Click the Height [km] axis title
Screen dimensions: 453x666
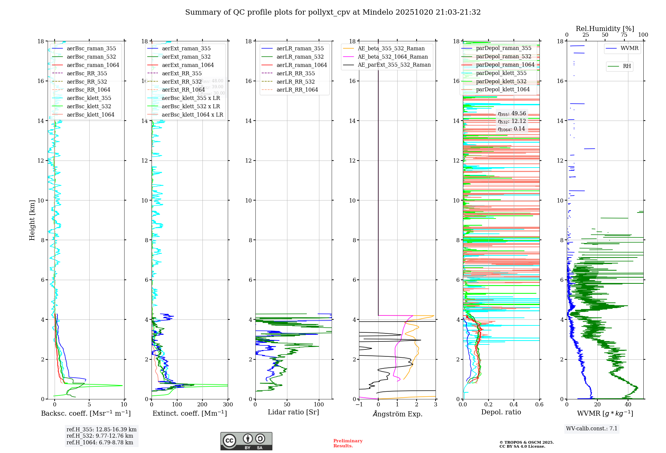coord(32,220)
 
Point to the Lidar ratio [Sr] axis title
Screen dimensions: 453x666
coord(293,412)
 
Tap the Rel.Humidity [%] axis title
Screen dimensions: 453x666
coord(605,29)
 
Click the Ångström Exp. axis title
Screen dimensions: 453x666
coord(397,414)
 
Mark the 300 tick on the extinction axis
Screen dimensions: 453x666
coord(228,405)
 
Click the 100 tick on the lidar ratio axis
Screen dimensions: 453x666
coord(319,405)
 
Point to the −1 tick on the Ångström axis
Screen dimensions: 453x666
coord(359,405)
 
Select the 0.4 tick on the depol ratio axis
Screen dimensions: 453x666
coord(514,405)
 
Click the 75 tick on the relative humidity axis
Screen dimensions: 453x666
coord(624,35)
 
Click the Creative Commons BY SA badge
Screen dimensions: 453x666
coord(246,441)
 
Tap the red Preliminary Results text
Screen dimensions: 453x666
coord(348,443)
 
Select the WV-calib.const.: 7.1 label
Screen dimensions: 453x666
coord(592,428)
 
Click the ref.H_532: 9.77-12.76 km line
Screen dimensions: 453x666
coord(100,436)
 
